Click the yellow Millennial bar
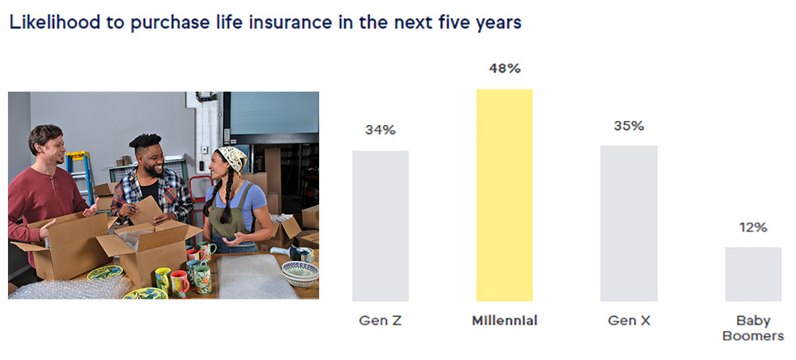(x=504, y=194)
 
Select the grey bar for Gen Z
(x=380, y=225)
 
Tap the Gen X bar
(x=629, y=223)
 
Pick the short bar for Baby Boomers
(x=753, y=273)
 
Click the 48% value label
(x=504, y=68)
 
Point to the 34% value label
(x=380, y=131)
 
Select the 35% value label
(x=628, y=126)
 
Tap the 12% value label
(x=752, y=228)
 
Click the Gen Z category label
(x=380, y=321)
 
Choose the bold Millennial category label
(x=504, y=321)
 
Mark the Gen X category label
(x=628, y=321)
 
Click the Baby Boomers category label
(x=752, y=328)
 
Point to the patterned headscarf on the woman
(x=232, y=158)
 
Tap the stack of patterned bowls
(x=300, y=273)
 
